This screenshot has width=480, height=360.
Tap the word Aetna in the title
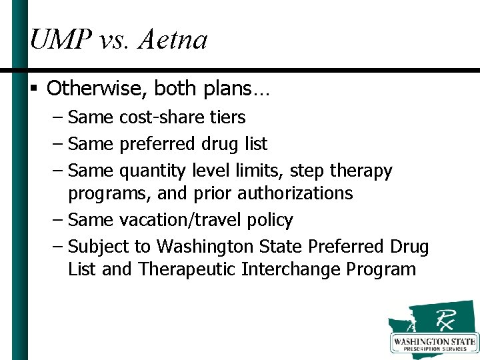click(x=173, y=40)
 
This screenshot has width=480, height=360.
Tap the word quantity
click(x=152, y=171)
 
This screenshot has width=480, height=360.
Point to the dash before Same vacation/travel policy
click(x=57, y=220)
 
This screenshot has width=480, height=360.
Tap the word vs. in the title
click(x=114, y=40)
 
